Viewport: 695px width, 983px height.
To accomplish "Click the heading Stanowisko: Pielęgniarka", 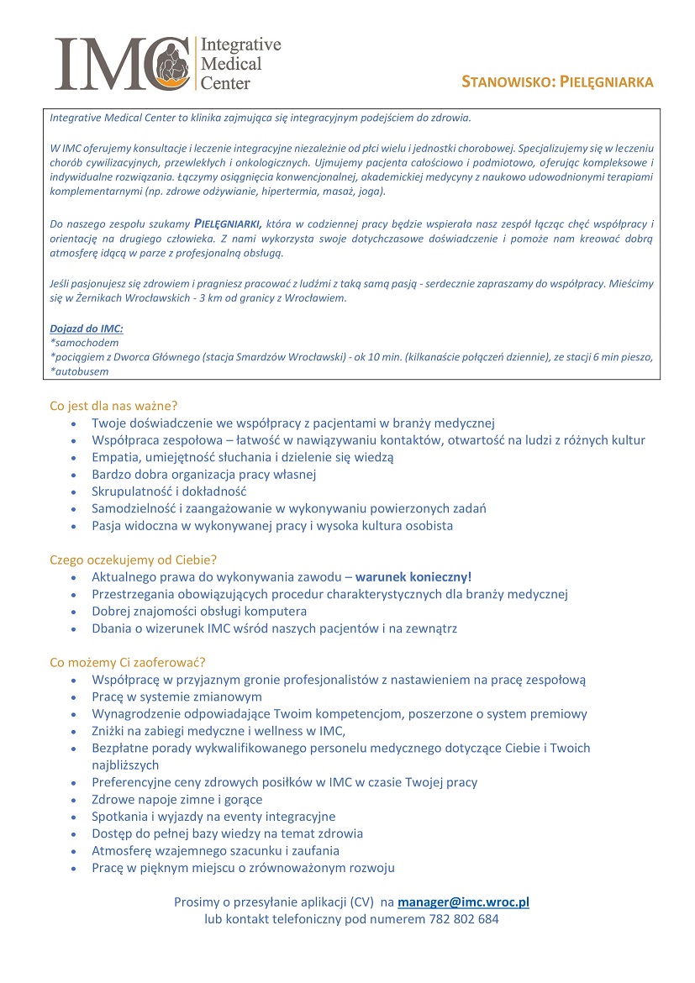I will pos(557,81).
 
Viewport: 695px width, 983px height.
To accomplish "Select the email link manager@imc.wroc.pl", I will pos(463,902).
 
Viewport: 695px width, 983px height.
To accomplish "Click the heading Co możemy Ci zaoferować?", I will pos(128,662).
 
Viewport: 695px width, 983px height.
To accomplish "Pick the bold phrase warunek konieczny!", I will pos(413,577).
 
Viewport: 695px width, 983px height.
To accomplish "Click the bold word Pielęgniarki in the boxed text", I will pos(228,223).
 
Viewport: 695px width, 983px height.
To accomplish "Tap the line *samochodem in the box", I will pos(84,343).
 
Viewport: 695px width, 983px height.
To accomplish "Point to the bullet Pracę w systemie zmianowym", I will pos(176,697).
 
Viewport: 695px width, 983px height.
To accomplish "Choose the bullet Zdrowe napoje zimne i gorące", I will pos(176,799).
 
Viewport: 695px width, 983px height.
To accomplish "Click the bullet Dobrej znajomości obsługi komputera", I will pos(199,611).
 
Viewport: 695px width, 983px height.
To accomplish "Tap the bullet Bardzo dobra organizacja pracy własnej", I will pos(204,475).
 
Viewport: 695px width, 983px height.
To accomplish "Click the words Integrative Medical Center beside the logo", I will pos(240,64).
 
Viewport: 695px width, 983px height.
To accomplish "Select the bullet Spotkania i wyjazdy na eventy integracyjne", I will pos(213,817).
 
